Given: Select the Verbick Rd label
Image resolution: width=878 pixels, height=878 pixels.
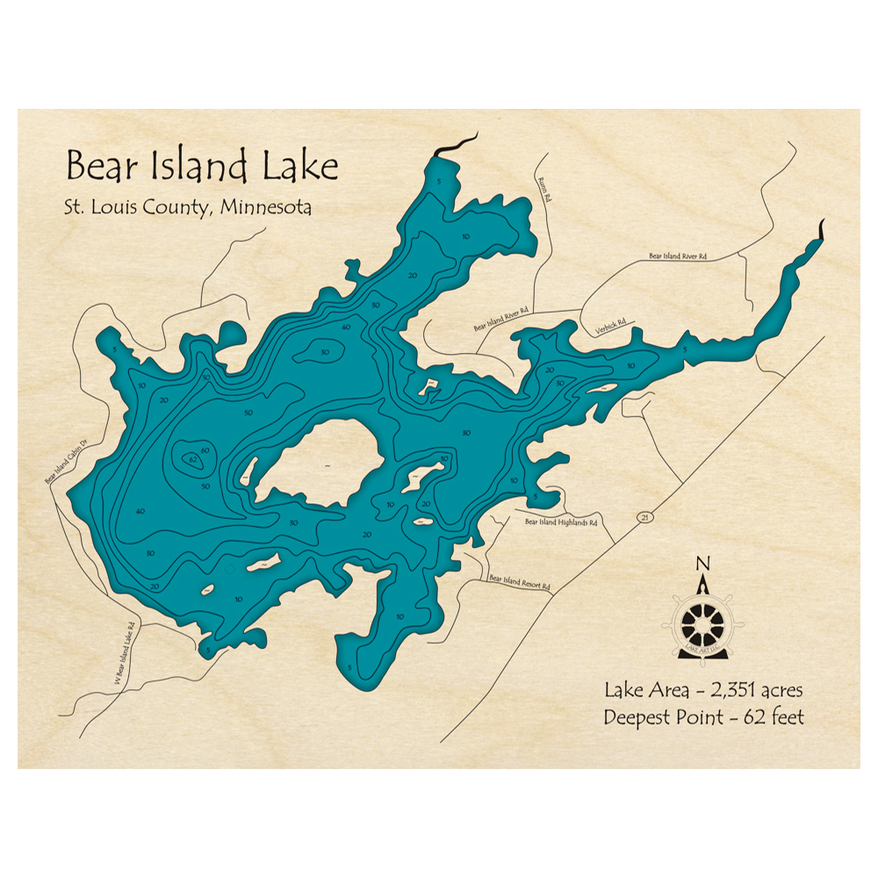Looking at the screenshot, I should (x=610, y=326).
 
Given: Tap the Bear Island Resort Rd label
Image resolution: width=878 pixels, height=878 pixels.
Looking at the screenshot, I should (x=519, y=582).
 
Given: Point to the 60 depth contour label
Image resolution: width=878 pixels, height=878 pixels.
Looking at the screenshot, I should (x=205, y=450).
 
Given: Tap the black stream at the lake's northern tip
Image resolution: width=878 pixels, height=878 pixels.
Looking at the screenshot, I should (x=457, y=144).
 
